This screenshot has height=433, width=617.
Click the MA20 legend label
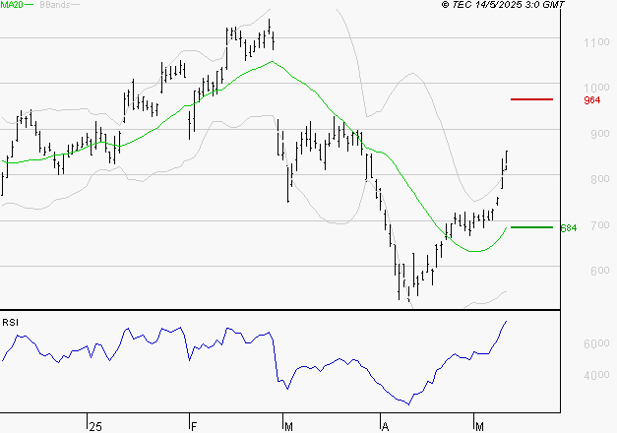(12, 6)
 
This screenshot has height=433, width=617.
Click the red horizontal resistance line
(531, 99)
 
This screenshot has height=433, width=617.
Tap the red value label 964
(565, 100)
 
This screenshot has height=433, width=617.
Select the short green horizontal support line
(531, 227)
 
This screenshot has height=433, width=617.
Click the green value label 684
(568, 228)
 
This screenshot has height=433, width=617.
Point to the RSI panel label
(10, 322)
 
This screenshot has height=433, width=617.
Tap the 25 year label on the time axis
(94, 427)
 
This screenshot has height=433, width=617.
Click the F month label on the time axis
(194, 427)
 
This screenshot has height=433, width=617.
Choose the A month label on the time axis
(385, 427)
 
